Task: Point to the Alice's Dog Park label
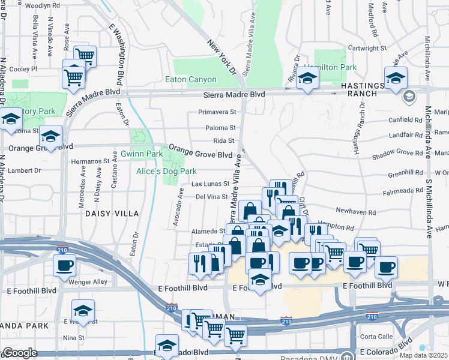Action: click(x=166, y=171)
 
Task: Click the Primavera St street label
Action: click(x=218, y=112)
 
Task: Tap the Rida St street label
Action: click(x=223, y=140)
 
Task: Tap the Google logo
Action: click(x=20, y=353)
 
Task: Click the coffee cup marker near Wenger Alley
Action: click(x=64, y=265)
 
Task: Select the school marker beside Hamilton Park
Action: click(x=307, y=79)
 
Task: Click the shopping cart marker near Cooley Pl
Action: click(x=73, y=76)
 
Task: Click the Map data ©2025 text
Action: click(x=424, y=355)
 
